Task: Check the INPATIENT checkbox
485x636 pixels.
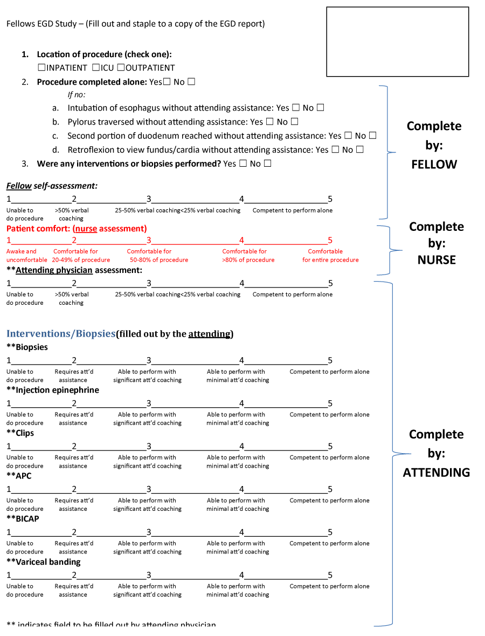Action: point(41,68)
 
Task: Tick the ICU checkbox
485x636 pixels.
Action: point(95,68)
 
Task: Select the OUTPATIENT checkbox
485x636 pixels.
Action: point(121,68)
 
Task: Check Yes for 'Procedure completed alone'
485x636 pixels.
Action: point(167,82)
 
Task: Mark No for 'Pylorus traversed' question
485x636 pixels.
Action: point(294,122)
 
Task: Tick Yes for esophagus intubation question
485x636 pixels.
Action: point(296,108)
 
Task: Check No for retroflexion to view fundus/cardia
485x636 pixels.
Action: point(359,149)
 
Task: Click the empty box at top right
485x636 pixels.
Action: point(397,42)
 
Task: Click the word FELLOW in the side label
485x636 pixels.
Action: point(434,165)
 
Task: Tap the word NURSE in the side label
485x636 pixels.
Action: point(436,260)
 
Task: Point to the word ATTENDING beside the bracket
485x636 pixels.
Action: point(436,473)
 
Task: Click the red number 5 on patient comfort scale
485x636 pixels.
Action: point(330,241)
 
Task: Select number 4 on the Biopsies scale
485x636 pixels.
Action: point(241,361)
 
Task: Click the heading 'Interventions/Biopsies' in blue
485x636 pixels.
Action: point(61,334)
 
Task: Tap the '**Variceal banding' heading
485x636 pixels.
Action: point(44,562)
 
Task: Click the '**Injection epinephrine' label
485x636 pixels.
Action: point(53,390)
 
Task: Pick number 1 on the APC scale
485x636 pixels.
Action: point(9,490)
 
